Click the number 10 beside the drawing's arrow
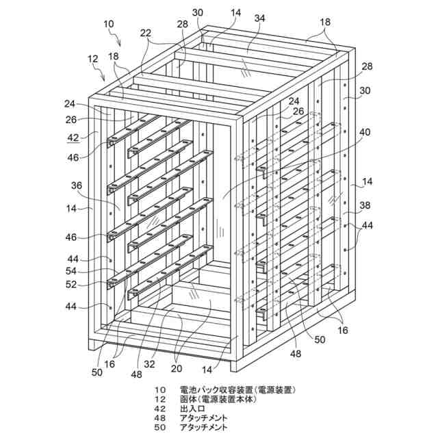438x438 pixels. pyautogui.click(x=108, y=24)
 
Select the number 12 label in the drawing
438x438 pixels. pyautogui.click(x=93, y=60)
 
